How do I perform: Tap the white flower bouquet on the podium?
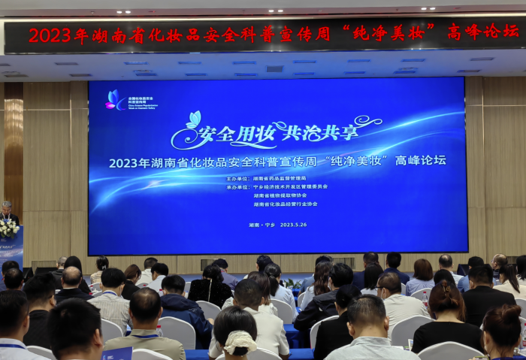[8, 227]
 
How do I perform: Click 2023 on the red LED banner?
[49, 35]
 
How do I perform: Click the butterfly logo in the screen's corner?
[115, 99]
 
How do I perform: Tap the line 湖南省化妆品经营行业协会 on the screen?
[286, 204]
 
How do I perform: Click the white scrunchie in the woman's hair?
[240, 342]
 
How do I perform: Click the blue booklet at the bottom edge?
[117, 353]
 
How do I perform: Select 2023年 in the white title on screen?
[125, 162]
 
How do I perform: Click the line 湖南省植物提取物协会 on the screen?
[283, 195]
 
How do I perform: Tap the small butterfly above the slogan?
[193, 119]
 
